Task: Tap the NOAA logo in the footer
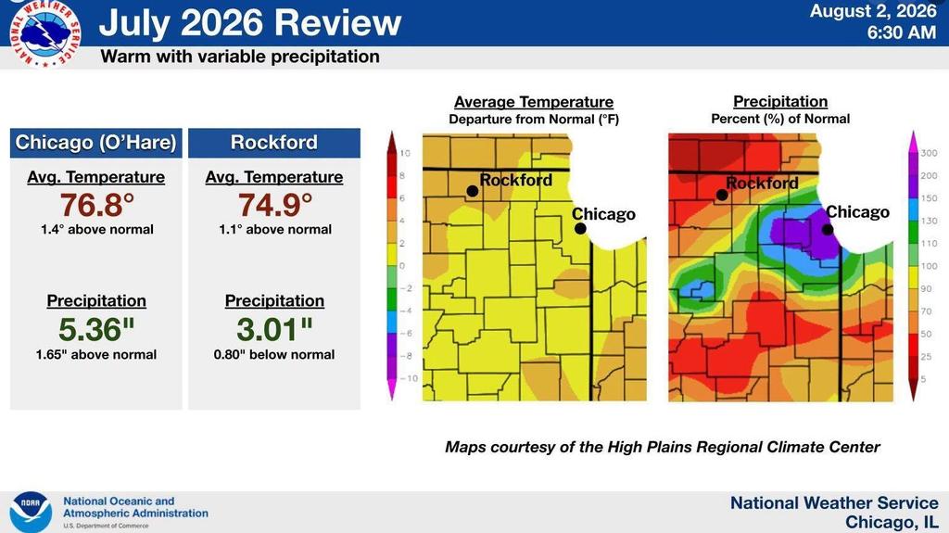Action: click(31, 512)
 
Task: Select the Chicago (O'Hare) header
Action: click(96, 143)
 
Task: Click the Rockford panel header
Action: click(274, 143)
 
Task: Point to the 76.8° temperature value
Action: click(96, 205)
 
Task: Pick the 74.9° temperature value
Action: click(274, 205)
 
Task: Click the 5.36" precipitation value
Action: click(96, 329)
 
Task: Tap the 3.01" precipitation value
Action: click(274, 329)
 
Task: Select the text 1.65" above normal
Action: click(96, 354)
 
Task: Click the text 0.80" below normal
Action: click(274, 354)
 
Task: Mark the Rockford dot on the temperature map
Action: click(473, 191)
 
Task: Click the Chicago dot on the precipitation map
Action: click(828, 230)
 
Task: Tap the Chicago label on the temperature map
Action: click(603, 214)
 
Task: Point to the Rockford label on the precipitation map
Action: click(762, 183)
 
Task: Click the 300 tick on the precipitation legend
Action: click(929, 153)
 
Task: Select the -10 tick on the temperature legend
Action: click(409, 378)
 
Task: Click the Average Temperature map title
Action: click(534, 102)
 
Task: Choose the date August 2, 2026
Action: click(873, 11)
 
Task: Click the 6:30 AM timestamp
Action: click(901, 32)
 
